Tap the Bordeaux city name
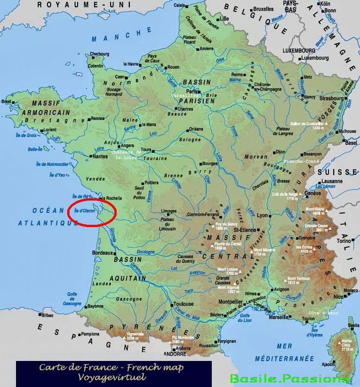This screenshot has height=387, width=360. tap(102, 253)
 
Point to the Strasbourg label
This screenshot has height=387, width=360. tap(332, 98)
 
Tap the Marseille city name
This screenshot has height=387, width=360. tap(280, 317)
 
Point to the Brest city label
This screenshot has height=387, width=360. tap(6, 101)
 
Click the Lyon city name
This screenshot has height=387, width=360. tap(263, 215)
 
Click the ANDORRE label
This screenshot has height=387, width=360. tap(175, 354)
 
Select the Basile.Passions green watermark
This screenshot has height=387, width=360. tap(290, 378)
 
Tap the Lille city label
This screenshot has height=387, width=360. tap(224, 19)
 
